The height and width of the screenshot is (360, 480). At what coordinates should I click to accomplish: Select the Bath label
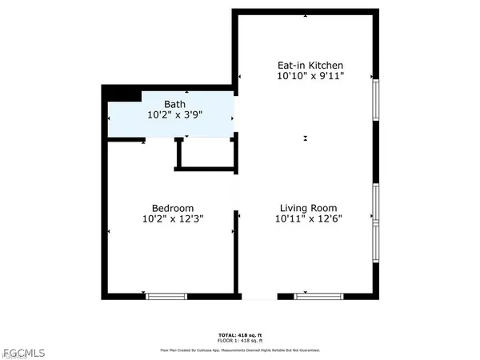pyautogui.click(x=174, y=104)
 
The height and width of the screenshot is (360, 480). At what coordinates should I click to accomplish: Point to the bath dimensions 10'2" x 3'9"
pyautogui.click(x=174, y=115)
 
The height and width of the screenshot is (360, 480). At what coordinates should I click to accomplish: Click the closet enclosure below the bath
pyautogui.click(x=205, y=154)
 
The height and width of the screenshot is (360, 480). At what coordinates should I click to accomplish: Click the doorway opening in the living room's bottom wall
pyautogui.click(x=258, y=296)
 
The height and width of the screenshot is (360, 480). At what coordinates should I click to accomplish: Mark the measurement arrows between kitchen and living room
pyautogui.click(x=305, y=138)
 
